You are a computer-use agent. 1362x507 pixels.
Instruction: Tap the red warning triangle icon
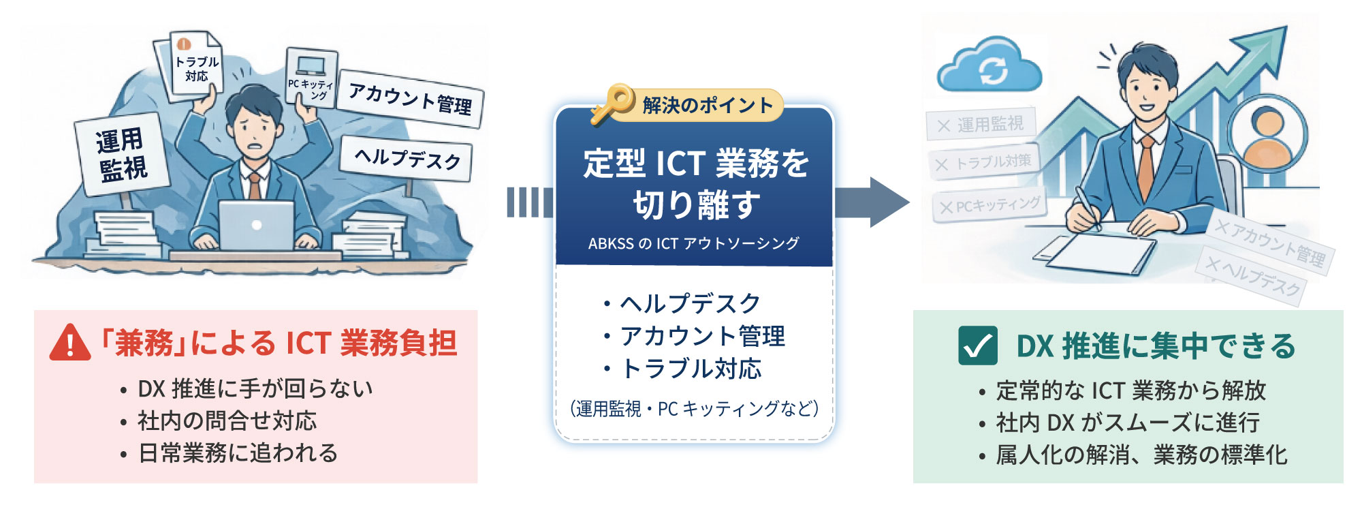(x=70, y=343)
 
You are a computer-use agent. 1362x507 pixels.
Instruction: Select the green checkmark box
(x=977, y=345)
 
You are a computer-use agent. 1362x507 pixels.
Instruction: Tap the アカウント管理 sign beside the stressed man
(x=410, y=99)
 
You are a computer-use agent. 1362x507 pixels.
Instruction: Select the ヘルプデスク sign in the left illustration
(x=407, y=159)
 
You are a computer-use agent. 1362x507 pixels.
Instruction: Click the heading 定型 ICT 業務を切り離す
(x=695, y=184)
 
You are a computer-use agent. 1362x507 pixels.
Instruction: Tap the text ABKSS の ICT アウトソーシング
(x=694, y=243)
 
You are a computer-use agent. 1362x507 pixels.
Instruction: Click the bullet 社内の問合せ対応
(x=227, y=420)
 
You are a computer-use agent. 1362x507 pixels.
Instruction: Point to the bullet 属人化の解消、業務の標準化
(x=1141, y=455)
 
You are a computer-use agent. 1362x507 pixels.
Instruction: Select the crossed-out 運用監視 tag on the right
(x=981, y=124)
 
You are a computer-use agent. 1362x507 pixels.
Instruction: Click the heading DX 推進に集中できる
(x=1156, y=346)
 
